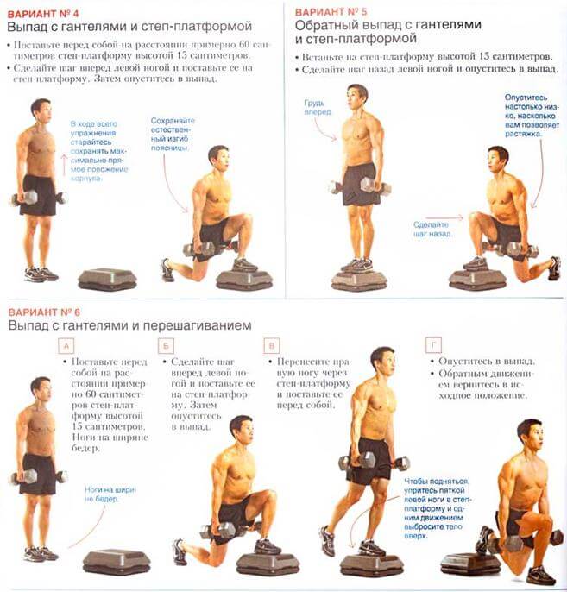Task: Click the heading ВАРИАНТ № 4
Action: click(x=43, y=14)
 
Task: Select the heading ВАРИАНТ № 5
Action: click(x=331, y=12)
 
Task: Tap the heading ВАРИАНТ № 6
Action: click(x=44, y=312)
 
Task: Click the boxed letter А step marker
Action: click(x=66, y=346)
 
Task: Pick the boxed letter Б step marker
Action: click(x=166, y=345)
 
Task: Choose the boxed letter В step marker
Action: click(x=272, y=345)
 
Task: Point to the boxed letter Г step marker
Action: click(x=433, y=344)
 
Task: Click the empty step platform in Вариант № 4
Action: click(x=107, y=280)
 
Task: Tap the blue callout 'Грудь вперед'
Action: click(x=318, y=107)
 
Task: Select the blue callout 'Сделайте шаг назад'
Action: click(x=432, y=230)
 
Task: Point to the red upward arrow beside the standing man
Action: click(x=64, y=165)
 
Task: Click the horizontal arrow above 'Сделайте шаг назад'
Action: click(x=444, y=217)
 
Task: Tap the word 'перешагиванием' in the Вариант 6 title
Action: click(x=192, y=326)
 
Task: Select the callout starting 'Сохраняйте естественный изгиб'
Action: click(x=173, y=134)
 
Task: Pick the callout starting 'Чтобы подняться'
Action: click(x=437, y=508)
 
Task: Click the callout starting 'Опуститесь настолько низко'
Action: click(x=532, y=116)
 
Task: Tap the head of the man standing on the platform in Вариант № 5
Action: click(x=356, y=97)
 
